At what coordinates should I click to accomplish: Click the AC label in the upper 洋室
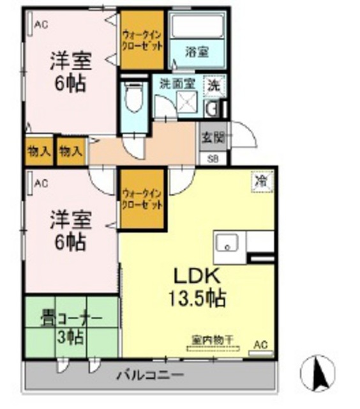[41, 25]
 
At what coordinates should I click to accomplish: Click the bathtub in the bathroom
[197, 27]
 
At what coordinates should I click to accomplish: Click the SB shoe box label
[212, 158]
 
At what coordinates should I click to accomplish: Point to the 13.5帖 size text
[197, 298]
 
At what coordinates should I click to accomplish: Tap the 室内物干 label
[212, 339]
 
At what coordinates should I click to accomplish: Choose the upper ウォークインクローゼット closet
[142, 40]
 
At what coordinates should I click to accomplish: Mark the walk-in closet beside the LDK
[142, 199]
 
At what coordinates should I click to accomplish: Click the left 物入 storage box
[40, 151]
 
